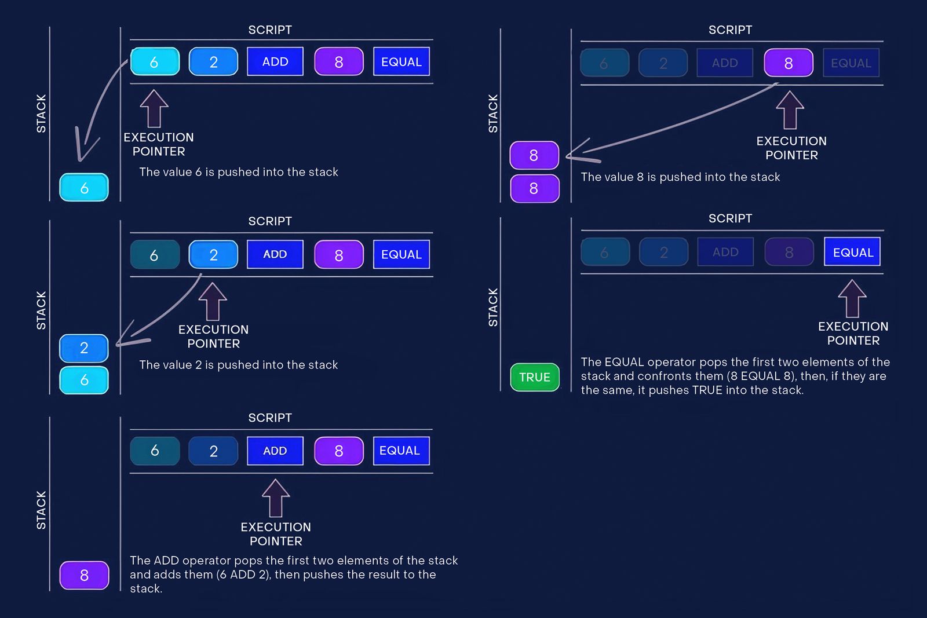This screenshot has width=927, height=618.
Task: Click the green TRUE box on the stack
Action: click(534, 377)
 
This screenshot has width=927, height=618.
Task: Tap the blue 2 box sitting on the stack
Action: click(84, 348)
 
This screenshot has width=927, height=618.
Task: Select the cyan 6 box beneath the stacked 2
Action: click(84, 380)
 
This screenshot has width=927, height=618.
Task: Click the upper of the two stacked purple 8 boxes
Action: click(534, 155)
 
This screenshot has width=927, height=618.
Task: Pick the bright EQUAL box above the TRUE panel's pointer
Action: click(852, 252)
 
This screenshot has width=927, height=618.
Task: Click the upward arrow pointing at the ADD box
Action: click(276, 498)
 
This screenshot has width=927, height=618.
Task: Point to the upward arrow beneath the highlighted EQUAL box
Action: click(852, 298)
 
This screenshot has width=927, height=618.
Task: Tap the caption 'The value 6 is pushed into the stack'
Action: click(239, 172)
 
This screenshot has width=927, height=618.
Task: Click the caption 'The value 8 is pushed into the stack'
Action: click(680, 177)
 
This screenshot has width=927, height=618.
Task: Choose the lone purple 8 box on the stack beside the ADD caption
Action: click(84, 575)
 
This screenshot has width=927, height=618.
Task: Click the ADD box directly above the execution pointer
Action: click(275, 451)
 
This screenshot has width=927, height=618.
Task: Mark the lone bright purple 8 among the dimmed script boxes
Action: click(789, 63)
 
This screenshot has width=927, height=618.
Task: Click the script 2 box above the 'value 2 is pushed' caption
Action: click(213, 255)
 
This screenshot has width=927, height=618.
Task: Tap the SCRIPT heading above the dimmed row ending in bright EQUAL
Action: click(730, 218)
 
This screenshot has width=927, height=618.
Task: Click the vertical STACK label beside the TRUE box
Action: click(493, 307)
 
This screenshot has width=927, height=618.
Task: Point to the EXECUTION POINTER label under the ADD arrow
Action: click(276, 534)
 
